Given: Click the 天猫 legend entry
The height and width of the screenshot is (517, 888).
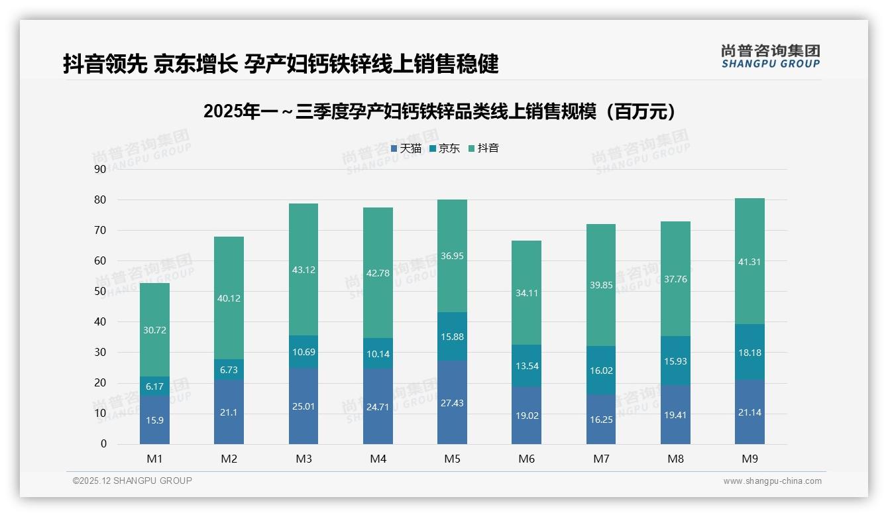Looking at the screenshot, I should point(406,148).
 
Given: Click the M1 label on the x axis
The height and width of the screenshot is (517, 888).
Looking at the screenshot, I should point(154,459).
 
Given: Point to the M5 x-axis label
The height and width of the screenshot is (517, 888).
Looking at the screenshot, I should point(453,459).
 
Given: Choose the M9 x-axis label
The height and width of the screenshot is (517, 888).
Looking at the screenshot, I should point(749,459).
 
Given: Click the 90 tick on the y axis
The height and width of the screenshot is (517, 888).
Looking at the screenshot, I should point(100,169).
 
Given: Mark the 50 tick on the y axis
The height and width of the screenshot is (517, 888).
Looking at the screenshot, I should point(100,292).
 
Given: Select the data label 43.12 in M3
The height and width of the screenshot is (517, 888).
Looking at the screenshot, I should point(304,270).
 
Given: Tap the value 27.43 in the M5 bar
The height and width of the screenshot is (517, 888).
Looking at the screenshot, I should point(452,403).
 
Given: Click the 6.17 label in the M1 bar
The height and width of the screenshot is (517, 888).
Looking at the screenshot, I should point(154,386).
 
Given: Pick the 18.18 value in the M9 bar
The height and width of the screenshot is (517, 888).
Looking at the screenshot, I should point(749,353).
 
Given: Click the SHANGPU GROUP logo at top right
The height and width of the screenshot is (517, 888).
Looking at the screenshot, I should point(770,56).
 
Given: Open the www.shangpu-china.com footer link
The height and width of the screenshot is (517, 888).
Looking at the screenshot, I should point(772,481).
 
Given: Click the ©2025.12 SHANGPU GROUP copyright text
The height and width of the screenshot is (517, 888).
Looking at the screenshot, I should point(133,481).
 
